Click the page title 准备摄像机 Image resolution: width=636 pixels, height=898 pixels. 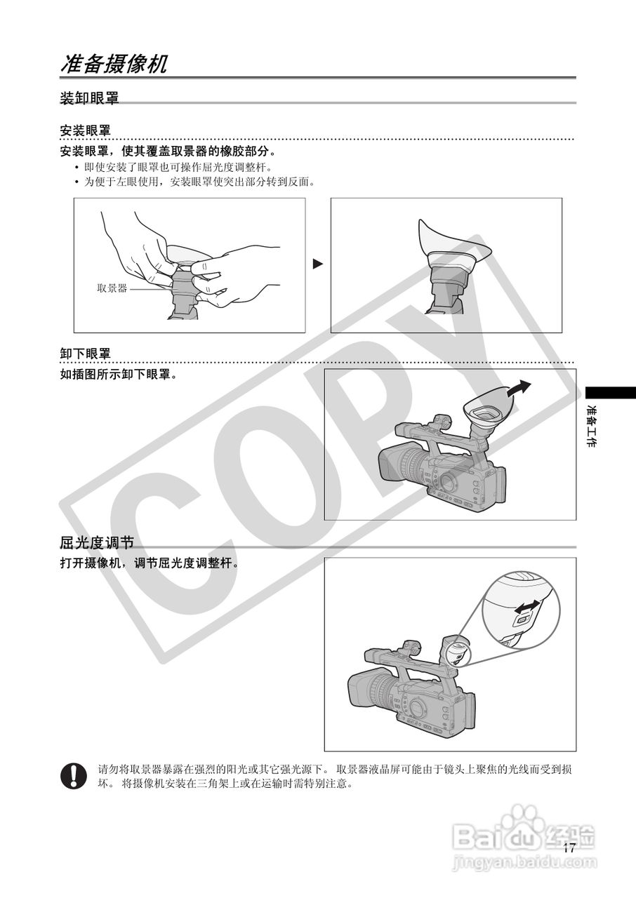[114, 65]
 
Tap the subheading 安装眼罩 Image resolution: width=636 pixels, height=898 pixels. [85, 131]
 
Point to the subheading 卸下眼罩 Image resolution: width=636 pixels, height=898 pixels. [85, 354]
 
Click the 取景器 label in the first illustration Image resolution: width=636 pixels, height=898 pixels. [112, 288]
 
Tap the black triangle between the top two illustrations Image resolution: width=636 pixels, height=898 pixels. [318, 264]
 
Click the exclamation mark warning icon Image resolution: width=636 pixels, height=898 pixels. [73, 775]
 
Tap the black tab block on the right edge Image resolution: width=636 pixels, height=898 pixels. [610, 392]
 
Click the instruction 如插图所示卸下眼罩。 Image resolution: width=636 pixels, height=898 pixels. [118, 375]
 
